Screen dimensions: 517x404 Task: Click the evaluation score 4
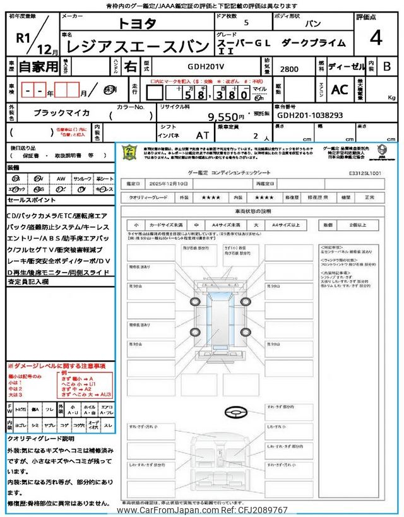coord(376,39)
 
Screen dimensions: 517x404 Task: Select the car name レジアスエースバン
coord(136,46)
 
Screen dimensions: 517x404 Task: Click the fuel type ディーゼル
coord(344,66)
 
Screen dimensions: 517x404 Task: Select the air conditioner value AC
coord(340,90)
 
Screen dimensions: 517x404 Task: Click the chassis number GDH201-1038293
coord(309,116)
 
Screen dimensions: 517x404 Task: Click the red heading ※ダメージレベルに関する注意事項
coord(56,365)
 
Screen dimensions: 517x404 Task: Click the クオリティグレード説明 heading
coord(40,438)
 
